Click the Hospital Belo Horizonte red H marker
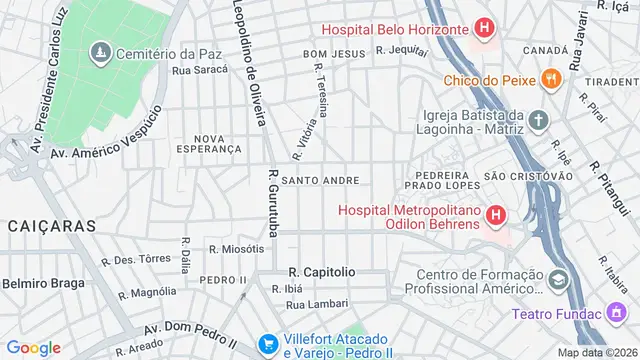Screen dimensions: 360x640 [x=484, y=29]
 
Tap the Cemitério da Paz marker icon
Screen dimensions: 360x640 [x=100, y=52]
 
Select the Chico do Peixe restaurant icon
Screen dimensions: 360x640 [x=548, y=78]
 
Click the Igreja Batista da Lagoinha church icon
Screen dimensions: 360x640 [x=540, y=121]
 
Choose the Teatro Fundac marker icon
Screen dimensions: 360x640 [x=613, y=313]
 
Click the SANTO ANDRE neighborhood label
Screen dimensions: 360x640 [x=320, y=181]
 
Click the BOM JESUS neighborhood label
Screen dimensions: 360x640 [x=329, y=53]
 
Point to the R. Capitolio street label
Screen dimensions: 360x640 [x=321, y=271]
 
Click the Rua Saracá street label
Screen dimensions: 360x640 [x=200, y=70]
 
